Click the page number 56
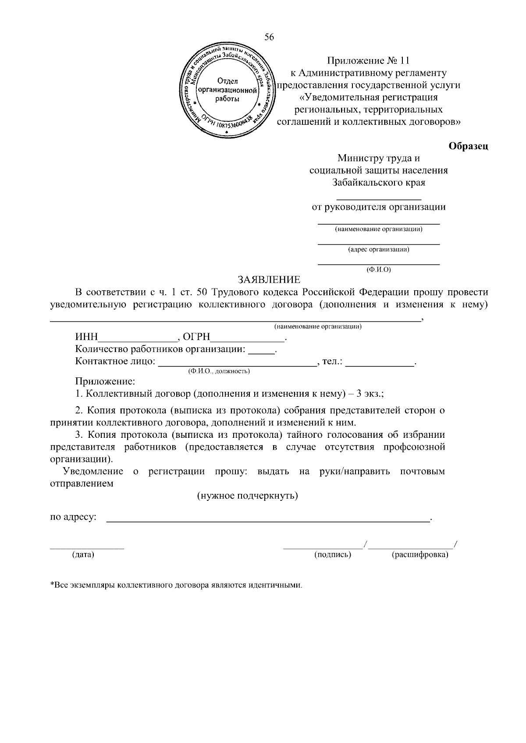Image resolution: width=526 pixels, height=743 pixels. coord(269,38)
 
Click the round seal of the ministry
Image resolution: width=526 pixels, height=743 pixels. coord(227,90)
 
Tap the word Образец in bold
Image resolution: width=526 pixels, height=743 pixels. coord(468,146)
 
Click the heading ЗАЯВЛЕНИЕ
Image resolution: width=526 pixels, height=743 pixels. coord(269,280)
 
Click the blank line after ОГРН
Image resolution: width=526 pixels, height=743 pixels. coord(248,340)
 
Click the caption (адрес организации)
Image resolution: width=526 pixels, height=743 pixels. coord(378,250)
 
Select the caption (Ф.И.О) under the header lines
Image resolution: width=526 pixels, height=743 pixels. coord(378,270)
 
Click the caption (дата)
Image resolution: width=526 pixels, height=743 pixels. coord(83,555)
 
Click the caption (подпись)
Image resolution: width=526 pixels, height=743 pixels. coord(333,555)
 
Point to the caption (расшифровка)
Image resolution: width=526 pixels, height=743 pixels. coord(419,555)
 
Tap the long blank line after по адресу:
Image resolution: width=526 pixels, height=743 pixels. coord(268,521)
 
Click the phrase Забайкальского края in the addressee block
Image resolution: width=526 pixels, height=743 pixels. coord(378,183)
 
